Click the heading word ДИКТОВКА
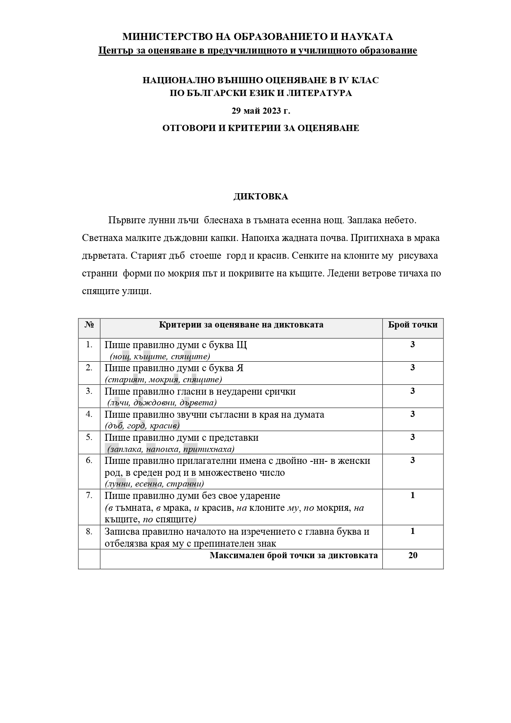coord(260,197)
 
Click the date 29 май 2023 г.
coord(260,110)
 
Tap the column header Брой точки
coord(413,325)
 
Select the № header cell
coord(89,325)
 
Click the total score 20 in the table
coord(413,555)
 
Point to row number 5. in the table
coord(89,437)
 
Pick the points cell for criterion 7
coord(413,496)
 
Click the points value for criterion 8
coord(413,531)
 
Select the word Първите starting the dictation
coord(124,220)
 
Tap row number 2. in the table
coord(89,368)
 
